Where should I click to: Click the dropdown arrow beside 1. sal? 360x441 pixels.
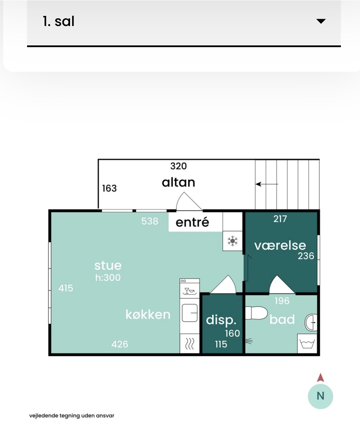[x=321, y=21]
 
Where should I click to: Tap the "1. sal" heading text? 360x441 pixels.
[x=59, y=21]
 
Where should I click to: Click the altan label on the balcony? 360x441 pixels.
[x=178, y=182]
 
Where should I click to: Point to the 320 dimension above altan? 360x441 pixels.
[x=178, y=166]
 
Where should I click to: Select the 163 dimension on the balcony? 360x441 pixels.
[x=109, y=188]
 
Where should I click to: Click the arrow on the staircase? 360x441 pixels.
[x=267, y=184]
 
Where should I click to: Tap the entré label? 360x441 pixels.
[x=192, y=222]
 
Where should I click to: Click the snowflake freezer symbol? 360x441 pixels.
[x=232, y=241]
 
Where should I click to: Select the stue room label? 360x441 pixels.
[x=108, y=266]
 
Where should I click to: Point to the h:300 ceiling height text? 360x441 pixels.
[x=108, y=278]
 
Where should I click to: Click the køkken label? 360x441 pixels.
[x=148, y=314]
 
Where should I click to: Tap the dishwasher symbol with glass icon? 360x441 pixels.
[x=189, y=291]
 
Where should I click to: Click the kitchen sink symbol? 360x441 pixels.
[x=189, y=313]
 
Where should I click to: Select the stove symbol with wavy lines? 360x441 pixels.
[x=189, y=344]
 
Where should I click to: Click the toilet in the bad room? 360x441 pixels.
[x=256, y=313]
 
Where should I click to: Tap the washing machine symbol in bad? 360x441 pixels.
[x=307, y=344]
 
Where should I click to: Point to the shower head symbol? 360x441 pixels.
[x=249, y=341]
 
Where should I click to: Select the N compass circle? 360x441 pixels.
[x=320, y=396]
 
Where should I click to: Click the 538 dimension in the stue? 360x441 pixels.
[x=150, y=221]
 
